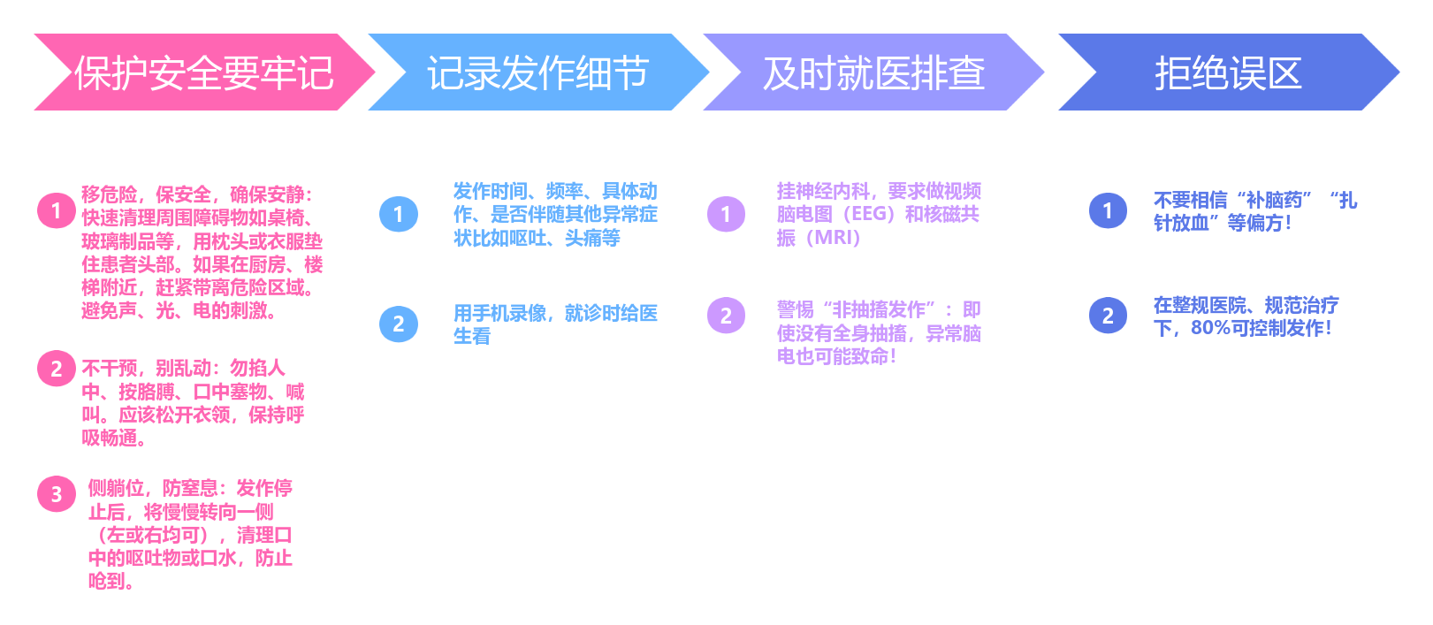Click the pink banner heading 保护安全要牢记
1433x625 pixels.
click(203, 72)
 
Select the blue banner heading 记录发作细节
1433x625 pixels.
click(537, 72)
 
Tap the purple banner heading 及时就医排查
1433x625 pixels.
click(873, 72)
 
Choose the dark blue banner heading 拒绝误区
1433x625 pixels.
click(1228, 72)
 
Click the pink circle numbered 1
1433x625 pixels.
click(57, 210)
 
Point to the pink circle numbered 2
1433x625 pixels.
click(57, 369)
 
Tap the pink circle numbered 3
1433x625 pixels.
click(57, 494)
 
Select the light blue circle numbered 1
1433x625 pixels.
click(399, 214)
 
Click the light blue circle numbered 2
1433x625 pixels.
click(399, 324)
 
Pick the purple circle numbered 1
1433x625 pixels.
click(727, 214)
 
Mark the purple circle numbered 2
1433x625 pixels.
click(727, 316)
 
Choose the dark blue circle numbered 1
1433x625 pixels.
click(1108, 210)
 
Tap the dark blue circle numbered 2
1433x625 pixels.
click(1108, 316)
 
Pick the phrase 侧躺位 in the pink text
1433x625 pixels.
click(116, 488)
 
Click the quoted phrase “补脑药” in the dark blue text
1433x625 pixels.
click(1274, 201)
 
